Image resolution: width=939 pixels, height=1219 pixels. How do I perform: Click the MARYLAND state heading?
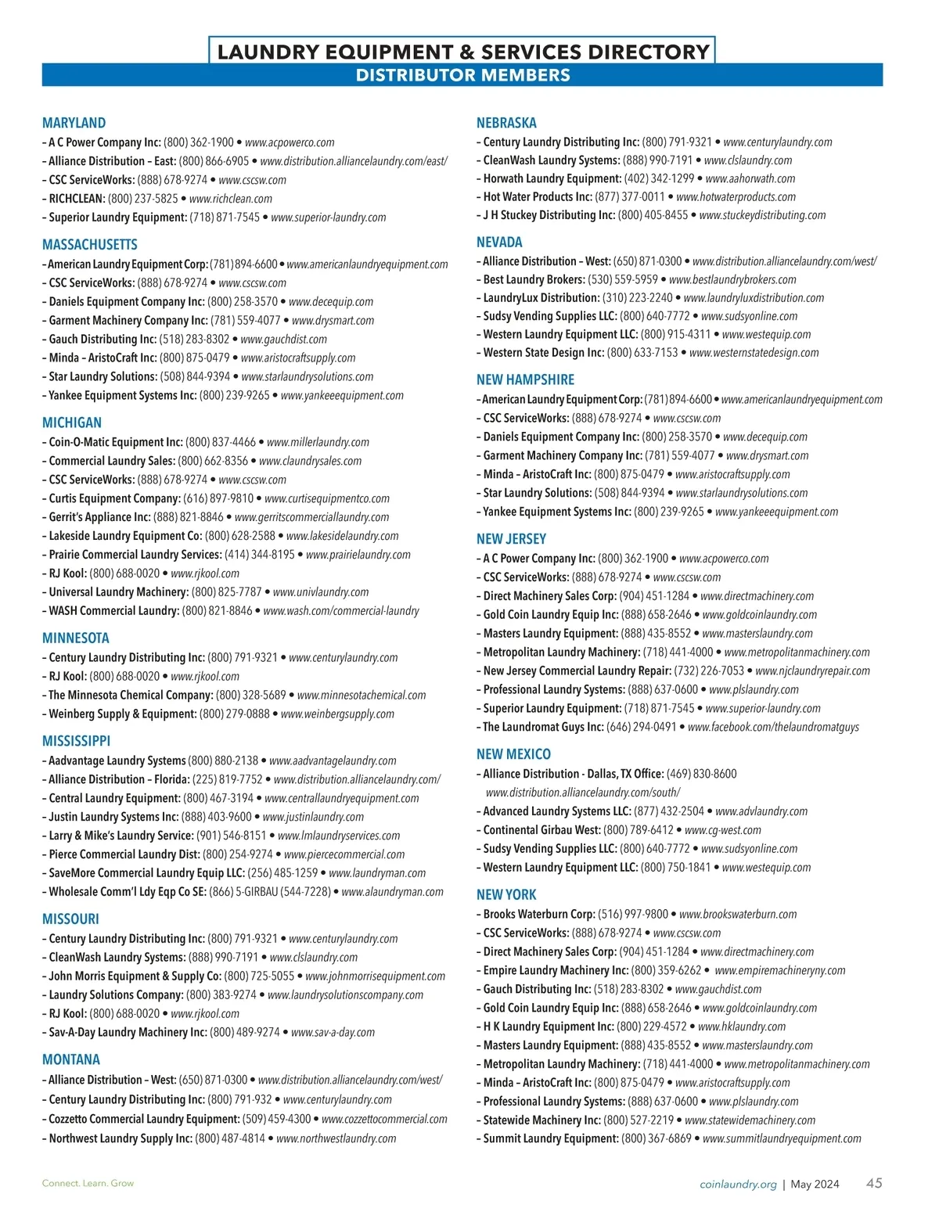pyautogui.click(x=74, y=123)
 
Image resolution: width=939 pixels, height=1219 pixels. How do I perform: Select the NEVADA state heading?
pyautogui.click(x=499, y=243)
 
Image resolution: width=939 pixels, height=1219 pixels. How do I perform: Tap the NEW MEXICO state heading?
pyautogui.click(x=513, y=754)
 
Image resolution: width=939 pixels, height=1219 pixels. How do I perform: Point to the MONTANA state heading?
pyautogui.click(x=71, y=1059)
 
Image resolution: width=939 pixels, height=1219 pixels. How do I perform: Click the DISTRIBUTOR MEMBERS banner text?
pyautogui.click(x=462, y=75)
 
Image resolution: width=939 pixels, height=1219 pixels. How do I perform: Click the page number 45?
pyautogui.click(x=874, y=1183)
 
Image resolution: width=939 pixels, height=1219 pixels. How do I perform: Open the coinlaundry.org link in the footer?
pyautogui.click(x=738, y=1184)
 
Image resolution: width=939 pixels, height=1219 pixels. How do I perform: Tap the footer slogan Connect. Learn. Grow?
pyautogui.click(x=88, y=1183)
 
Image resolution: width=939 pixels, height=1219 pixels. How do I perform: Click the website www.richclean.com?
pyautogui.click(x=231, y=199)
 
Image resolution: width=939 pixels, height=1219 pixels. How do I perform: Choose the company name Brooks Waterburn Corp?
pyautogui.click(x=539, y=914)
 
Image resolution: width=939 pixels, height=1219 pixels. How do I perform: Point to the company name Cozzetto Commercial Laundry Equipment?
pyautogui.click(x=144, y=1119)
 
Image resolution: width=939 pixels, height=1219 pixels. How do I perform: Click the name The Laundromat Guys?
pyautogui.click(x=543, y=727)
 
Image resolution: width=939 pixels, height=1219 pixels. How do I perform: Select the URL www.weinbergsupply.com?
pyautogui.click(x=337, y=714)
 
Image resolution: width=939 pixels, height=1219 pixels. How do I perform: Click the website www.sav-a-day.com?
pyautogui.click(x=333, y=1032)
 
